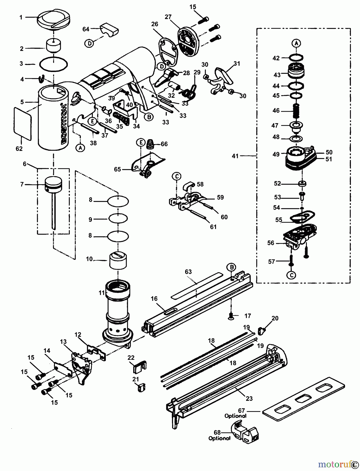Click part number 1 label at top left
coord(21,18)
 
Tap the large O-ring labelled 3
coord(53,64)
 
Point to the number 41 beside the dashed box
coord(235,156)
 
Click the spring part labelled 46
coord(296,110)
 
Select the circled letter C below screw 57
coord(291,275)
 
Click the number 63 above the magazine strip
coord(188,272)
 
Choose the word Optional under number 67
coord(235,416)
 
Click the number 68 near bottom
coord(217,433)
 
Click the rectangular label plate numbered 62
coord(23,123)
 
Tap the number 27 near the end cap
coord(168,17)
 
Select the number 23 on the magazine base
coord(249,398)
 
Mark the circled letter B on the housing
coord(149,117)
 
